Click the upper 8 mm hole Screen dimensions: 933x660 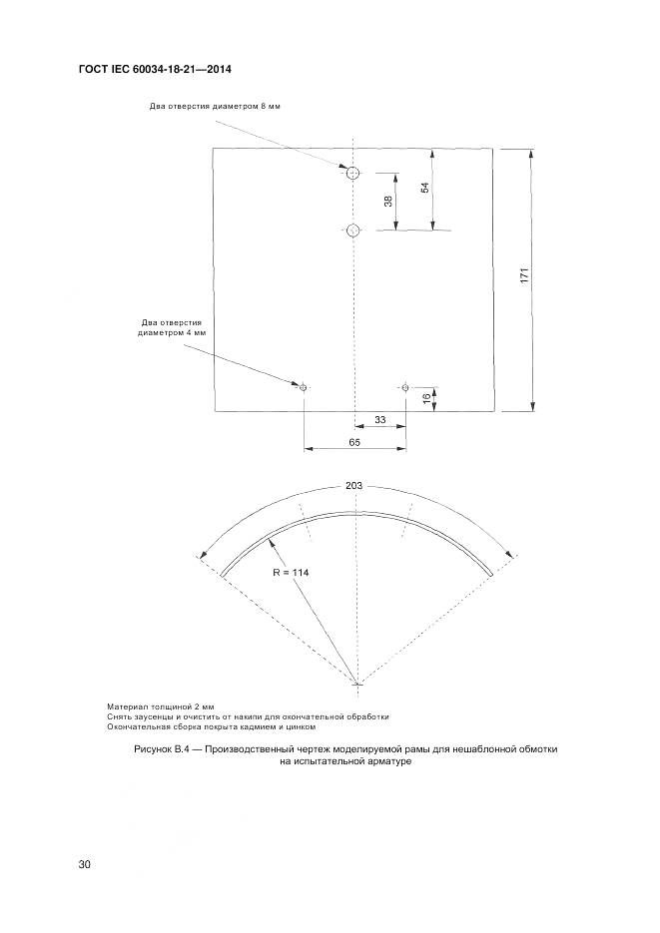[x=352, y=174]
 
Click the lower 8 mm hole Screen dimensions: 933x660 [x=352, y=231]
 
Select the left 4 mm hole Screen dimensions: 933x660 [x=304, y=387]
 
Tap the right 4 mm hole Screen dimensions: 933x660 [x=405, y=387]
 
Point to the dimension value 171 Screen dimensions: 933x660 [x=524, y=276]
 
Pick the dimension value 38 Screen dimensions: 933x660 [x=387, y=202]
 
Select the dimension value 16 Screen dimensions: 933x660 [x=426, y=397]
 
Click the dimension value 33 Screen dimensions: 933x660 [x=380, y=420]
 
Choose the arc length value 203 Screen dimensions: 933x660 [x=353, y=485]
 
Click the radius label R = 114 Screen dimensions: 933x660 [x=290, y=574]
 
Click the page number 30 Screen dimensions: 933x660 [x=85, y=864]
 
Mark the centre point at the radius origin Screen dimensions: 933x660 [x=358, y=684]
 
